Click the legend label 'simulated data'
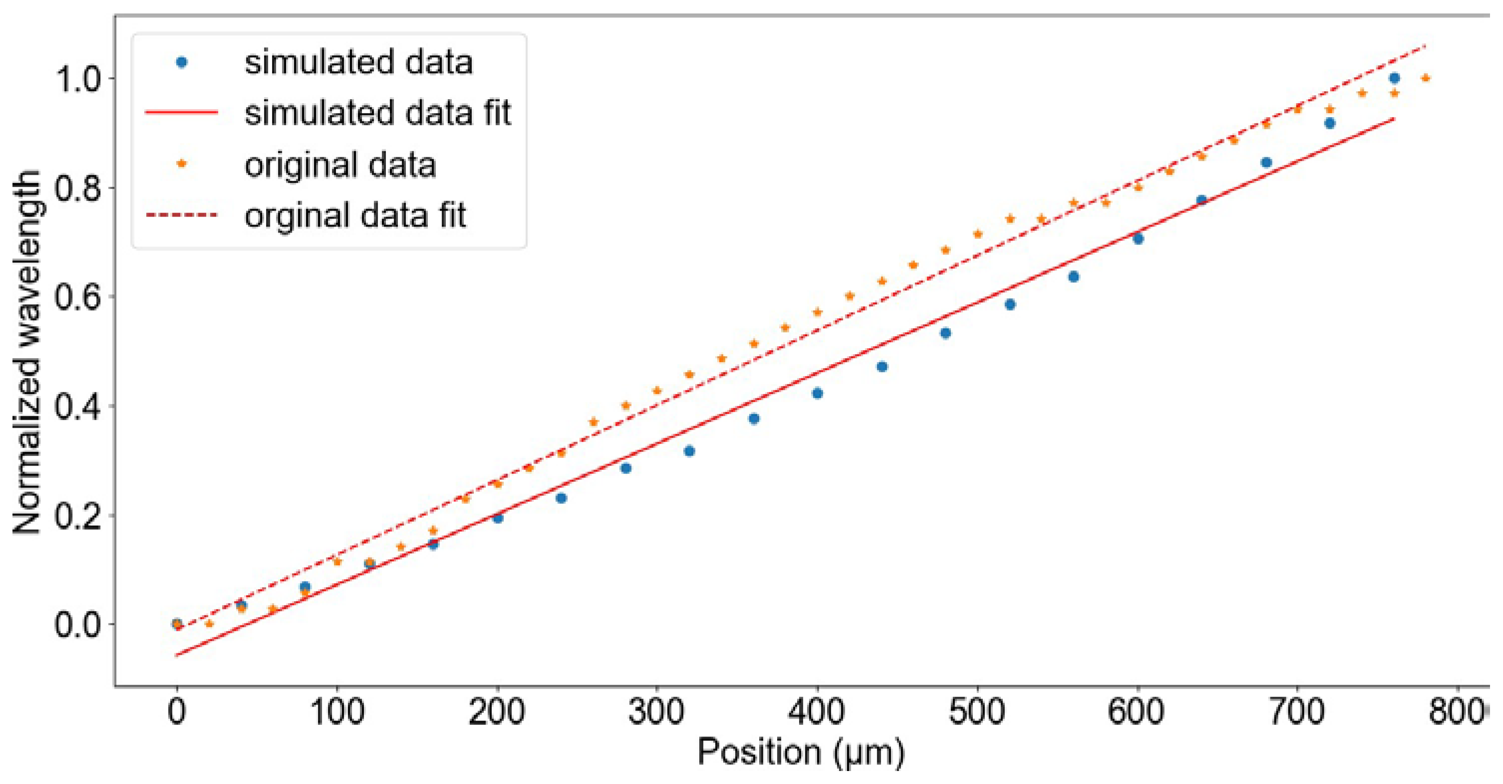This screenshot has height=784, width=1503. click(358, 62)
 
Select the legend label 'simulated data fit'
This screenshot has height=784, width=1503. click(377, 113)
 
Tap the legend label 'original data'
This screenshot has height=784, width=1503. click(340, 165)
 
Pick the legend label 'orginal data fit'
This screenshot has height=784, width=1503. click(355, 215)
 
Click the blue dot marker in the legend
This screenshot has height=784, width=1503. click(182, 62)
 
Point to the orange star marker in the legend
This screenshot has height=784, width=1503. click(182, 164)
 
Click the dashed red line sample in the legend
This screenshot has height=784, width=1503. click(182, 215)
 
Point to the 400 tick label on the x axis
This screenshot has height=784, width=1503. click(817, 713)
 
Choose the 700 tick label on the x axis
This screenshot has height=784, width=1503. click(1297, 713)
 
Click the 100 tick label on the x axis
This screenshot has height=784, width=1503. click(336, 713)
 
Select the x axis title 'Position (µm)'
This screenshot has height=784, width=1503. click(801, 753)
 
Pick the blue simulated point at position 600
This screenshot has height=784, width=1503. click(1138, 238)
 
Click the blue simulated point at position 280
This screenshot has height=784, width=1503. click(625, 468)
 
